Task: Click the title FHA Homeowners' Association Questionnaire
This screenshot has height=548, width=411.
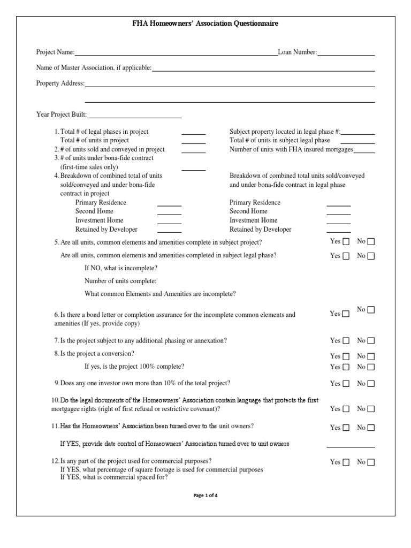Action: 205,24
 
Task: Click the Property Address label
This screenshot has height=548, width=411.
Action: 60,83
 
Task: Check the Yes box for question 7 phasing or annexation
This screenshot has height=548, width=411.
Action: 346,341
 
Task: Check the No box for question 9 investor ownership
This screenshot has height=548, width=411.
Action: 371,384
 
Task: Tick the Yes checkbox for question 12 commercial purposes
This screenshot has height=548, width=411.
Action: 346,462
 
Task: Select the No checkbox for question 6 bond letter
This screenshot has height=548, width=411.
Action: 371,310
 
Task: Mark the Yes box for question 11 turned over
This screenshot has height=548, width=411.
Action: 346,428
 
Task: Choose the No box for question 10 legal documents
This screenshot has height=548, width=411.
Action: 371,409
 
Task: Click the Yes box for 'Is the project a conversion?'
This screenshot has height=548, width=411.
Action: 346,356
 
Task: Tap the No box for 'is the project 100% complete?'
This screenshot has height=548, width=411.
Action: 371,367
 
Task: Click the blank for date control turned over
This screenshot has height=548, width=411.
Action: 351,446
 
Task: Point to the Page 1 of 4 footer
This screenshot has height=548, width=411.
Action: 205,495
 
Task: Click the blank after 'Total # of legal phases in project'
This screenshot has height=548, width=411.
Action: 193,133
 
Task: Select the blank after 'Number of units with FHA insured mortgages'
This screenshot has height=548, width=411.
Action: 364,151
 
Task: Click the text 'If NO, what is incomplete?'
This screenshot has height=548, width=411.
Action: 121,268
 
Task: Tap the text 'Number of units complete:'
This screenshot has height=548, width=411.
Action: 120,281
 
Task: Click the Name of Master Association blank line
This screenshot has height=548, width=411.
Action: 263,70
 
